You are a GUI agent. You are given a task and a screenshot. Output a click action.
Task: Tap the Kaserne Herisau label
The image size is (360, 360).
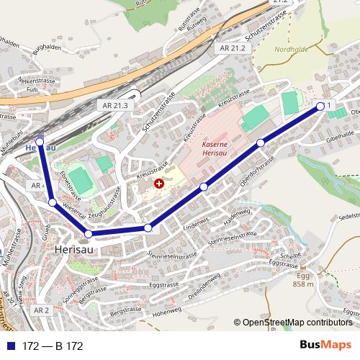[215, 148]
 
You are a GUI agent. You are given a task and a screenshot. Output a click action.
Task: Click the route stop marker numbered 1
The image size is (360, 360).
[320, 106]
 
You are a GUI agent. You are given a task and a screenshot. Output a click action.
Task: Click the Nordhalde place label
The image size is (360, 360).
[292, 50]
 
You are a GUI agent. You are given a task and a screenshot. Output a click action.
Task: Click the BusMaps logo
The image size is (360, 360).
[326, 345]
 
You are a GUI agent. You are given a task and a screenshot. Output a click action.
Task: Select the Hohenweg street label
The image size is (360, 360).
[167, 313]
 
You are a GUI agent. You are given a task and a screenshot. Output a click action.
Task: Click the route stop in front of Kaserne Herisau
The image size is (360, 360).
[204, 187]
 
